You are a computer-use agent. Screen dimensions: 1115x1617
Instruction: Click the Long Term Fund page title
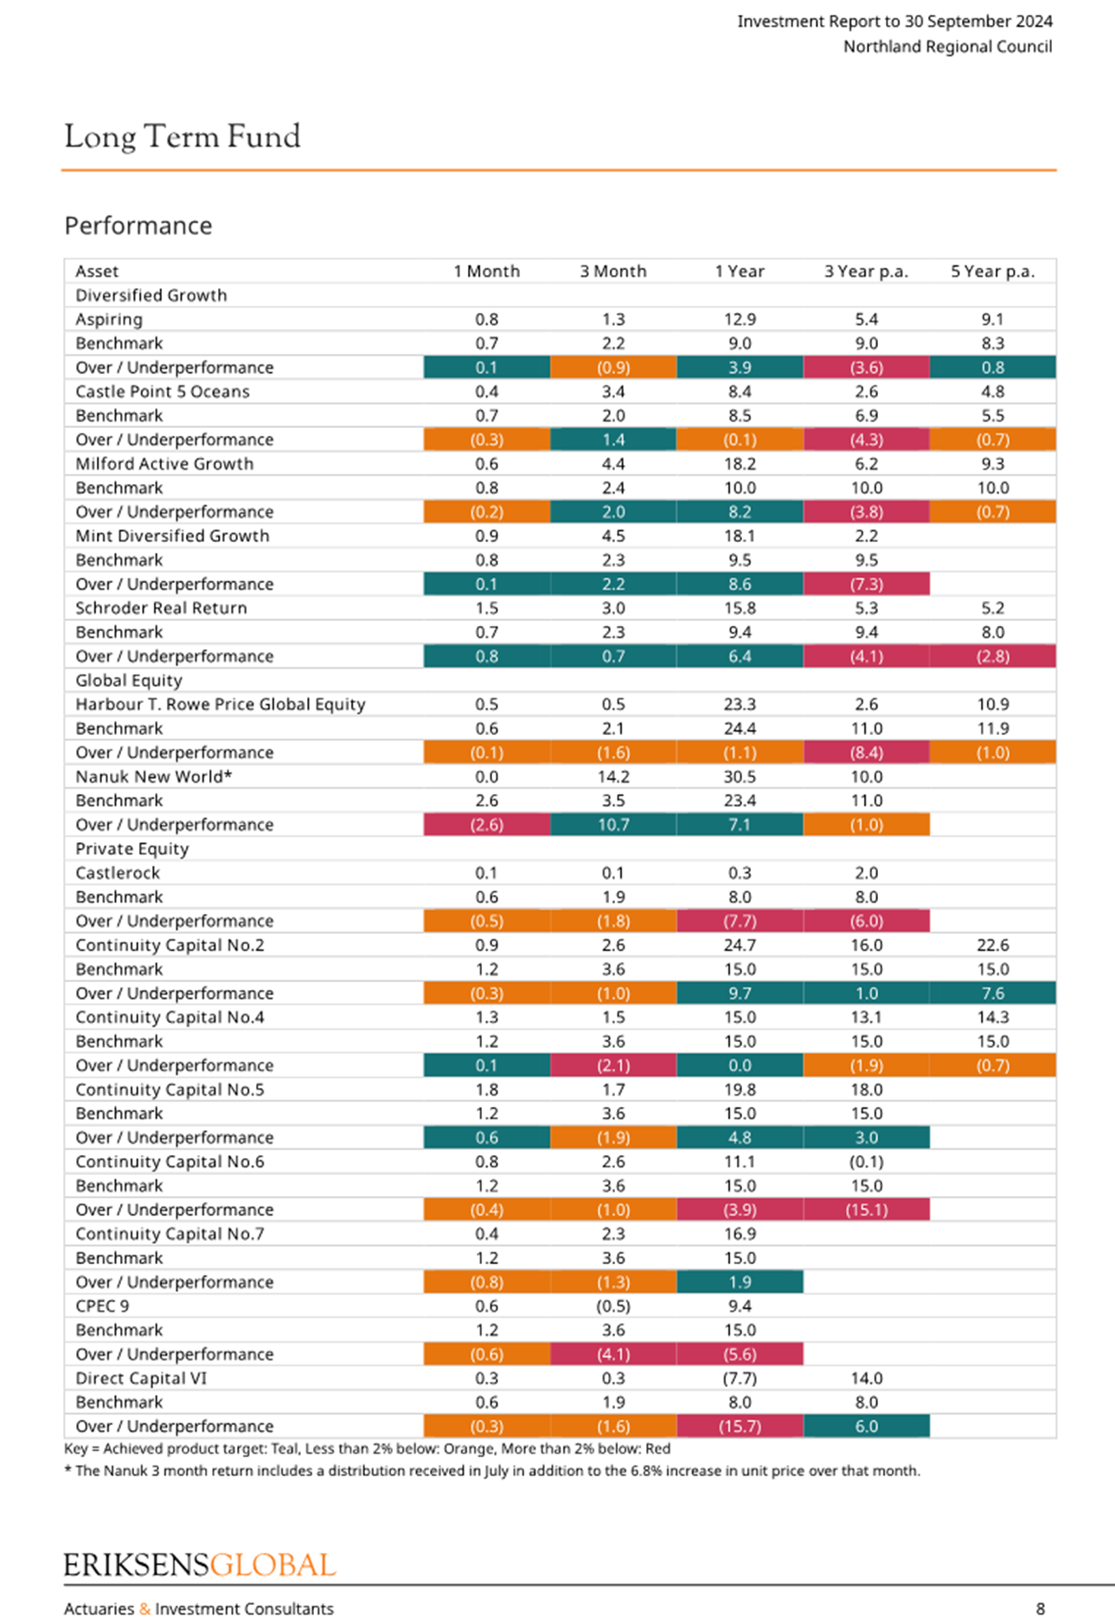click(x=183, y=137)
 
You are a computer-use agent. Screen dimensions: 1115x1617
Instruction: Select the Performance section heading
click(x=138, y=226)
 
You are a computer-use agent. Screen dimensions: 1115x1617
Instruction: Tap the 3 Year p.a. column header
click(x=866, y=272)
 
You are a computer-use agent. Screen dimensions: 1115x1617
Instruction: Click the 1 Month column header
click(x=487, y=272)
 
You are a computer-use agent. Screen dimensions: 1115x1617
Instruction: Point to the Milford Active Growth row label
click(x=164, y=463)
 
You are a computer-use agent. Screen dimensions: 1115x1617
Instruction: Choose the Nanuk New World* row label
click(x=154, y=777)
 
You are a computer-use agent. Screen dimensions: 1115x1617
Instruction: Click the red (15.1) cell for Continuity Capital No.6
click(x=867, y=1210)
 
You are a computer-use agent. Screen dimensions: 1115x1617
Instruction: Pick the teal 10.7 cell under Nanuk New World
click(x=613, y=825)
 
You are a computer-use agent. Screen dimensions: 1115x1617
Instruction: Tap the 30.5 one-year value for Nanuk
click(x=740, y=777)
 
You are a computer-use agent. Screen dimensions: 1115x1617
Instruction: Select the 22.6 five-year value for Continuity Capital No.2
click(x=993, y=945)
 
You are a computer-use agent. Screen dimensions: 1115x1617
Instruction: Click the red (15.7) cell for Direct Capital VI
click(x=740, y=1426)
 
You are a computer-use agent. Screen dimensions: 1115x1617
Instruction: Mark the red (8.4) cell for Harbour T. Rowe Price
click(x=867, y=752)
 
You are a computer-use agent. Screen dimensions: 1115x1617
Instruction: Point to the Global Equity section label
click(x=129, y=681)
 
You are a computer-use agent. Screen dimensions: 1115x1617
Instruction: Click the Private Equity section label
click(x=132, y=849)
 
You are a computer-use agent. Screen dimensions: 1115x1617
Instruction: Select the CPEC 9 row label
click(x=102, y=1306)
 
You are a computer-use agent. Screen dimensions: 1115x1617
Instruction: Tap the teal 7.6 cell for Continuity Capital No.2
click(x=993, y=993)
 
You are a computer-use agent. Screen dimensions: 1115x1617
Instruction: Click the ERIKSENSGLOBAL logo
click(x=200, y=1565)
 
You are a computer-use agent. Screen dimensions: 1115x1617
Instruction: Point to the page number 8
click(x=1041, y=1608)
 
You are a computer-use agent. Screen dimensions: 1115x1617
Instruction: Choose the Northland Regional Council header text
click(x=948, y=47)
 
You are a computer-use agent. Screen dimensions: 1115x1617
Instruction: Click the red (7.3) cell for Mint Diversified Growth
click(x=867, y=584)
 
